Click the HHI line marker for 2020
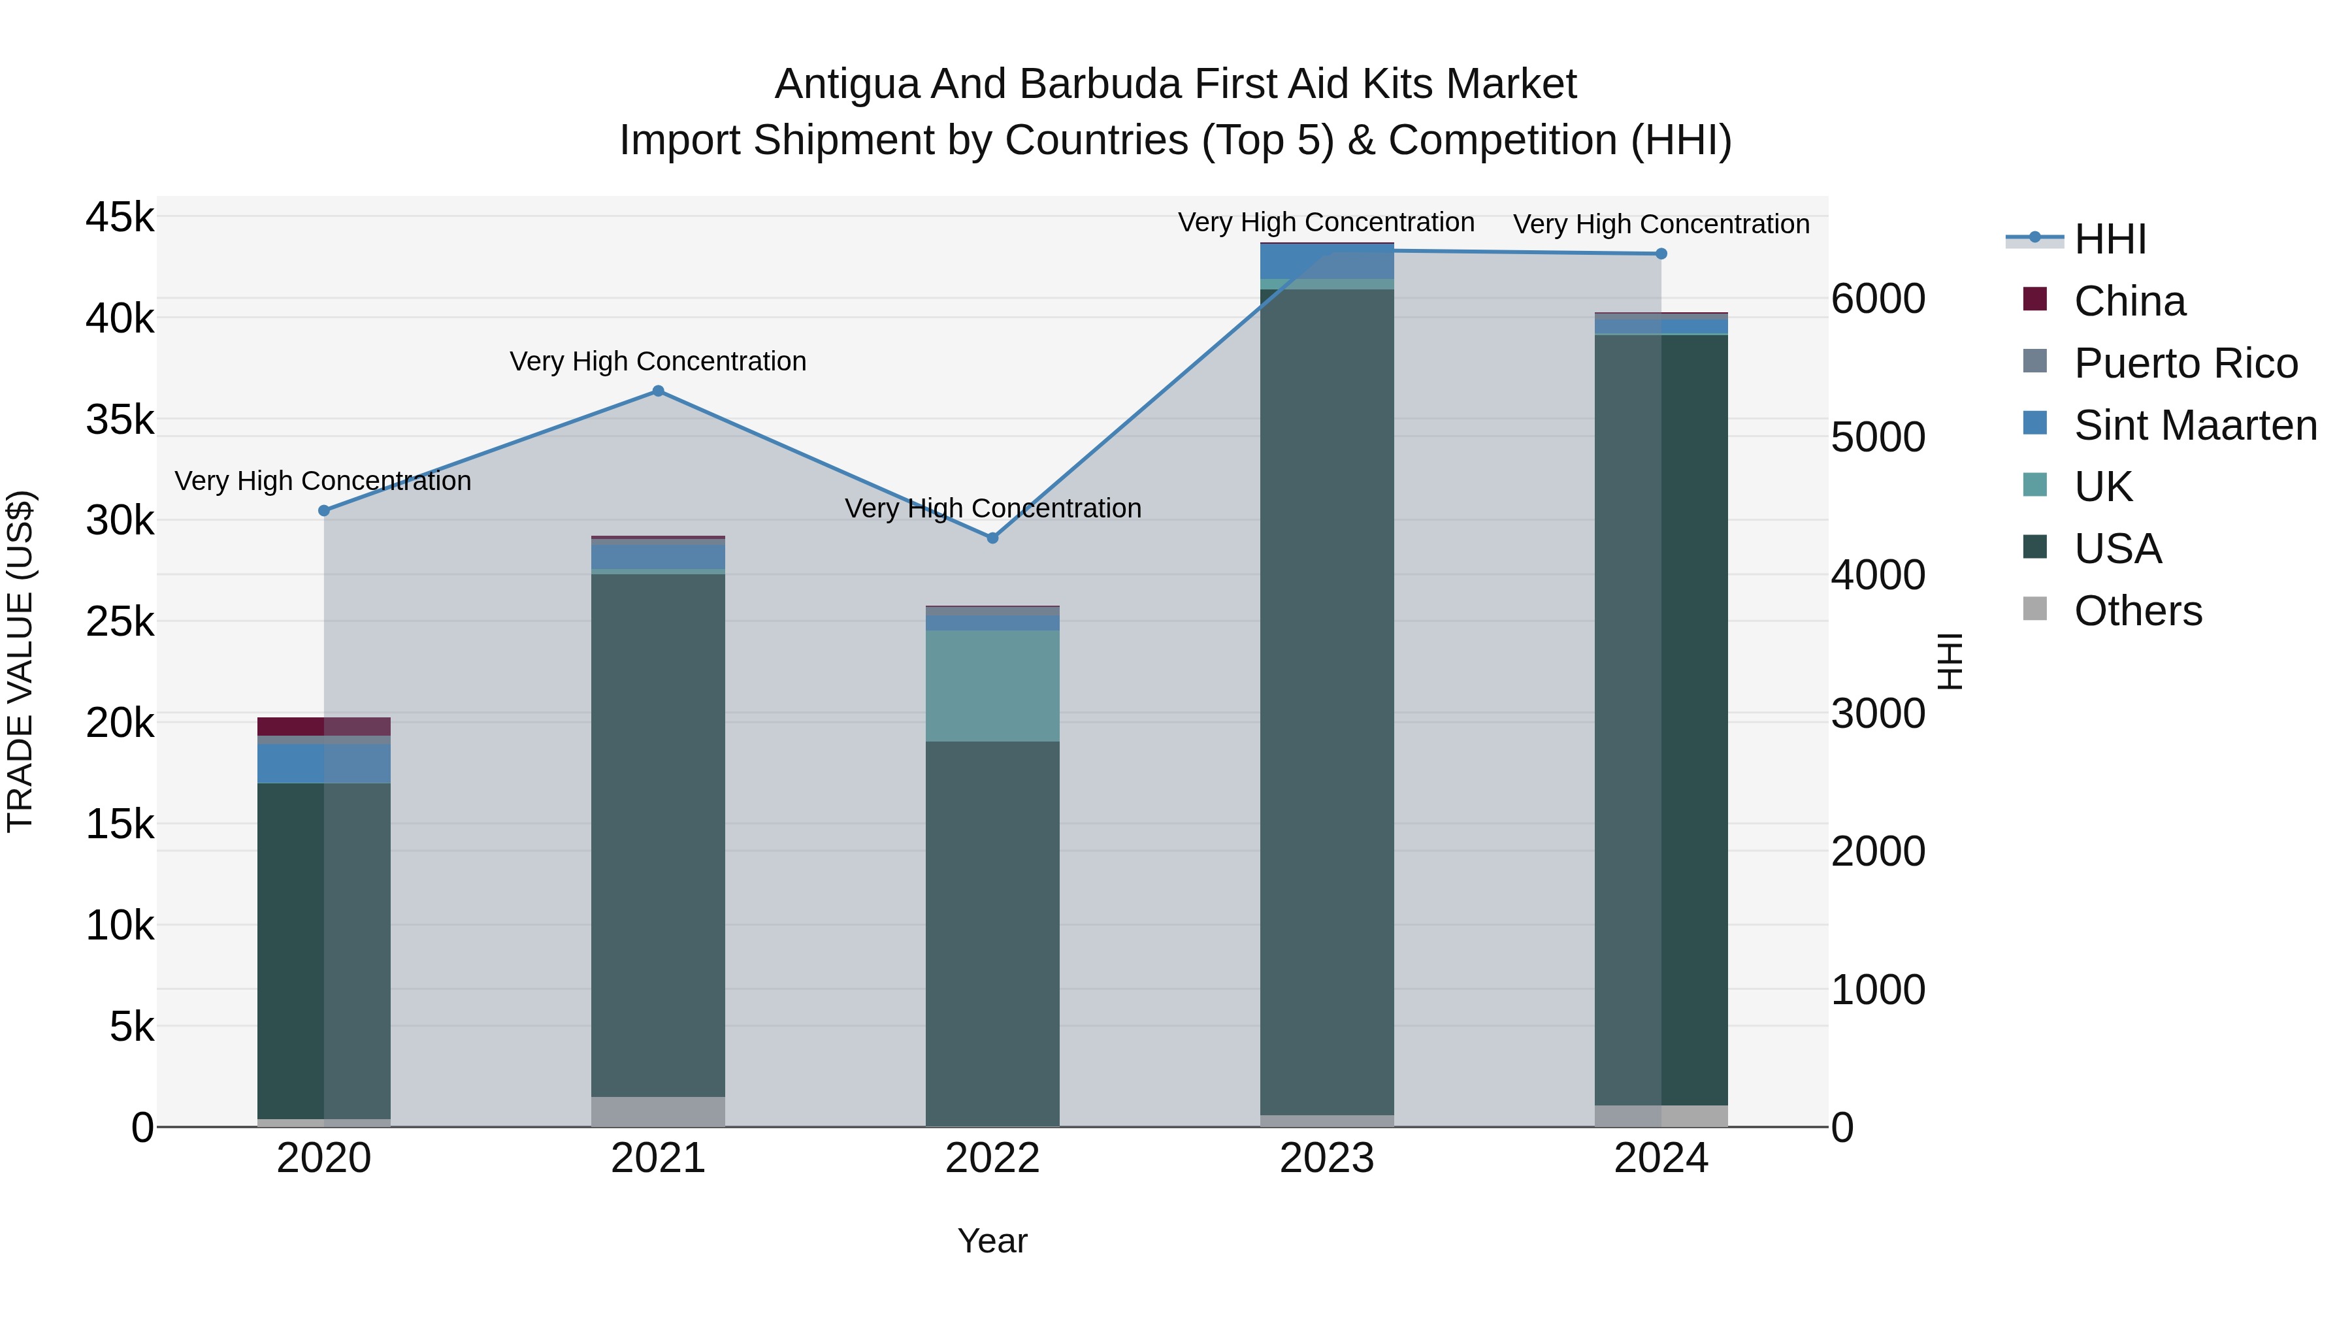324,510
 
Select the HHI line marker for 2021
659,391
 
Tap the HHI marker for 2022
993,538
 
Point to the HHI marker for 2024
1661,254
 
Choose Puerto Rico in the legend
2185,363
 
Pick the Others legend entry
2138,611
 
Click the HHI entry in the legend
2110,239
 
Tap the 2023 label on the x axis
1327,1158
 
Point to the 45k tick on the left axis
120,218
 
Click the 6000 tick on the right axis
1878,299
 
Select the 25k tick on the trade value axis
120,623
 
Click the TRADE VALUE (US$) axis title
21,661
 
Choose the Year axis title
992,1241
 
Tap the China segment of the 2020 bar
324,727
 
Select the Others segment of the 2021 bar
659,1111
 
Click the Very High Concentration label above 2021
659,361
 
